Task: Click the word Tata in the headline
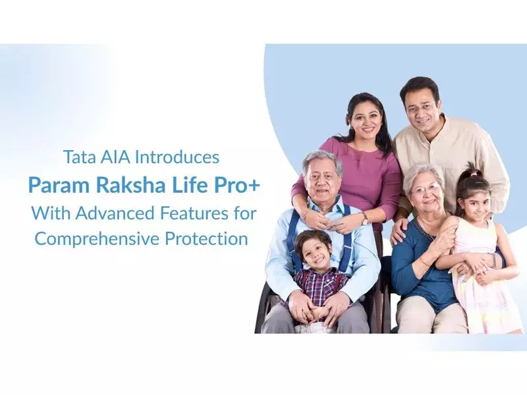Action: (78, 158)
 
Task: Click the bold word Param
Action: (57, 185)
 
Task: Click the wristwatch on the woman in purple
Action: (364, 218)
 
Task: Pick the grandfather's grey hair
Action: (321, 158)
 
